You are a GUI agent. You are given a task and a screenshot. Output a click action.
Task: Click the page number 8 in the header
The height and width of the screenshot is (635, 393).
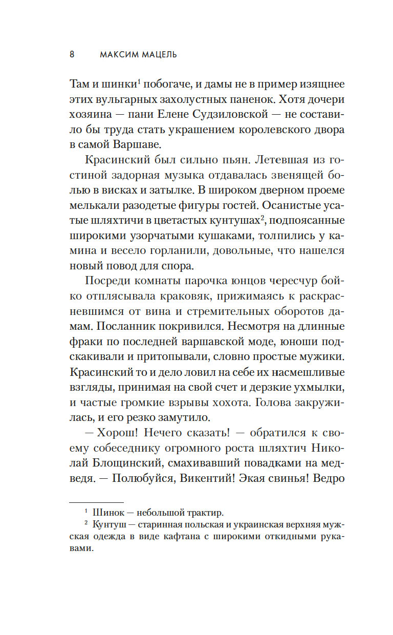click(72, 54)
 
